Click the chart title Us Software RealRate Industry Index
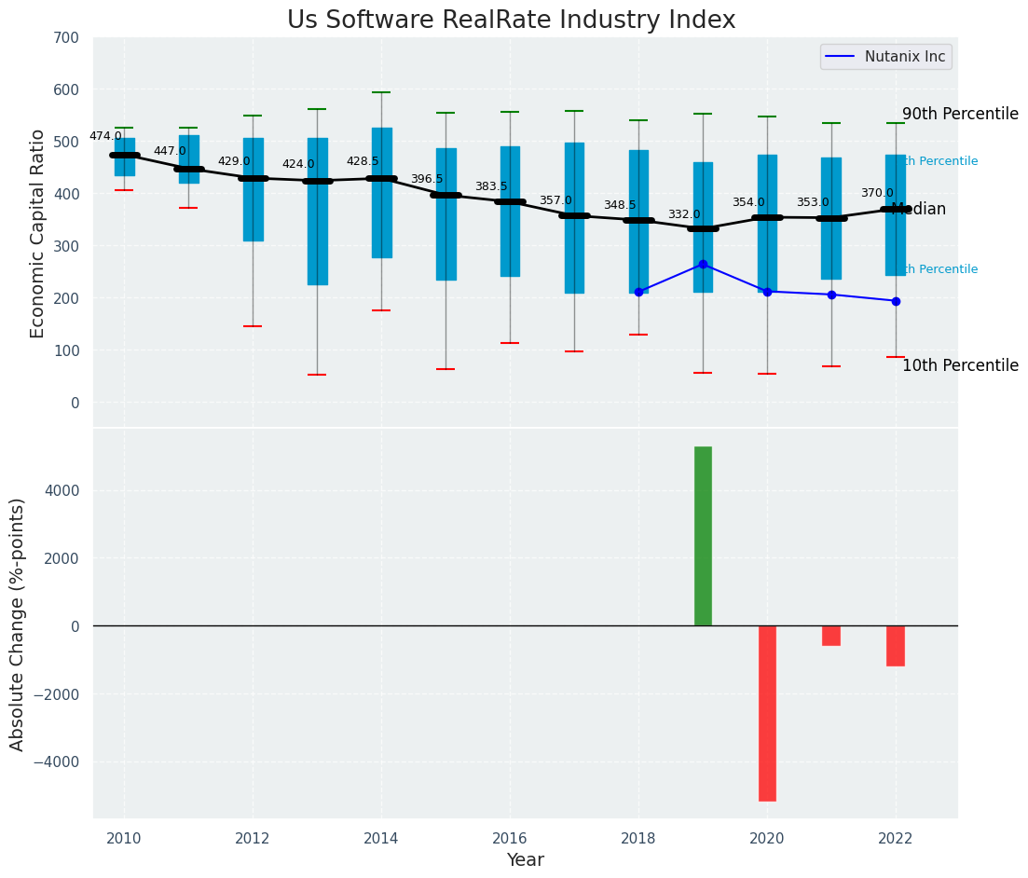tap(511, 21)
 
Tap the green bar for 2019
tap(703, 536)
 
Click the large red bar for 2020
tap(767, 713)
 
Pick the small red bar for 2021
tap(831, 636)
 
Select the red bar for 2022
tap(896, 646)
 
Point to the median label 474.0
tap(105, 136)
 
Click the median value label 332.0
tap(684, 214)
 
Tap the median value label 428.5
tap(363, 161)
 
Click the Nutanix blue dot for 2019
tap(703, 264)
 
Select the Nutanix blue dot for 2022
tap(896, 301)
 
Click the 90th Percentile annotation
tap(960, 114)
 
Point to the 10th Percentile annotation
tap(960, 365)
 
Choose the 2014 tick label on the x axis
tap(381, 838)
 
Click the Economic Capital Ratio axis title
tap(37, 233)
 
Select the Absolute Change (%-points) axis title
tap(18, 624)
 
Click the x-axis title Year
tap(526, 860)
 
